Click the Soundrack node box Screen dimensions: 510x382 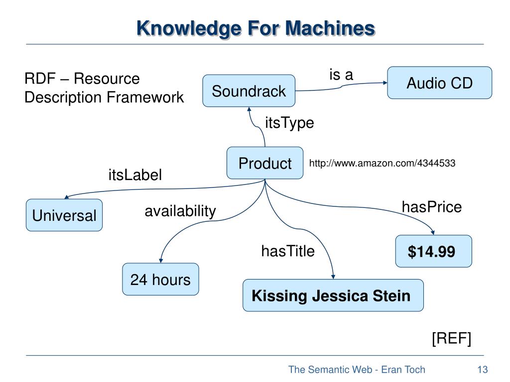(249, 91)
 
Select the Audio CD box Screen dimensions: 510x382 (439, 83)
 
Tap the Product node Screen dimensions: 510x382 (265, 163)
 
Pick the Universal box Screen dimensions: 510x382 (64, 215)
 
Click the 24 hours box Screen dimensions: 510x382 (160, 280)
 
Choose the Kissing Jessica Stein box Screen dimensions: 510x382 (333, 295)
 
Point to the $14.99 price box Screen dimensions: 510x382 (434, 251)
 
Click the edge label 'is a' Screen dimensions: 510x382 (341, 75)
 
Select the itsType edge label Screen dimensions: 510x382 (289, 123)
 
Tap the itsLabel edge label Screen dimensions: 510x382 (135, 175)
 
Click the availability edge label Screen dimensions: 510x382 (180, 211)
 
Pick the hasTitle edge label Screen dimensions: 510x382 (288, 251)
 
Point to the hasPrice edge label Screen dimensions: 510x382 (432, 207)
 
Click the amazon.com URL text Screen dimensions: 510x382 (382, 163)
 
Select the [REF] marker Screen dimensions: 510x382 (451, 338)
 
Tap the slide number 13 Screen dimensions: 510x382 (482, 370)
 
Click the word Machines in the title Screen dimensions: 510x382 (330, 28)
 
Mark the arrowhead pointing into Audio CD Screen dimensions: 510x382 (385, 83)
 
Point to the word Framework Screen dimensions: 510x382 (145, 97)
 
